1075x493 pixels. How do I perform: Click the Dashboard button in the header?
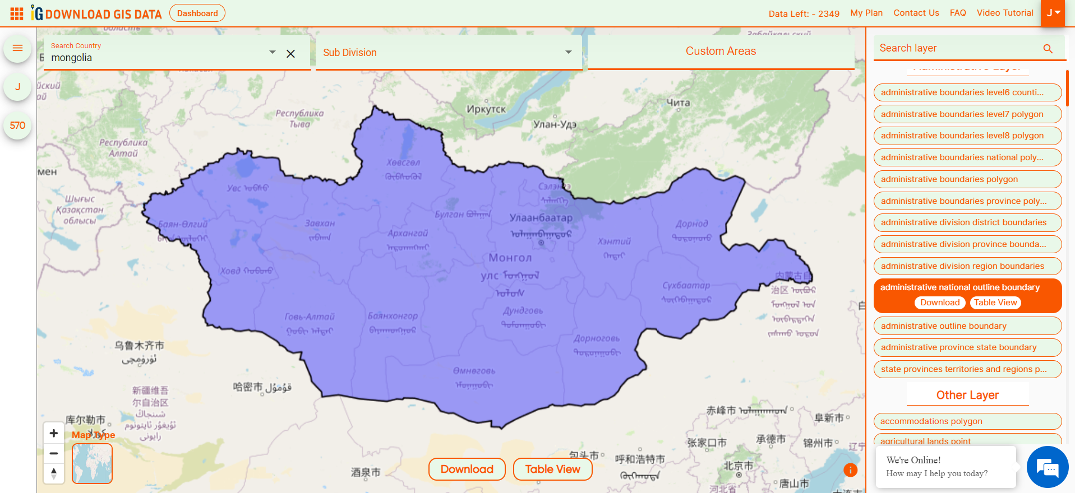(197, 13)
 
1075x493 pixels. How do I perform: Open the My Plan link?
(866, 13)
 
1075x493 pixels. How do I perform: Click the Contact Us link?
(916, 13)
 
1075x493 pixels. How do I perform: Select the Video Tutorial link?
(1004, 13)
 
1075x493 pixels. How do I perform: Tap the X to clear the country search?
(290, 54)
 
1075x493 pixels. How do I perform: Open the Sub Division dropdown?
(448, 53)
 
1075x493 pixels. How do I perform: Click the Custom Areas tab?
(721, 52)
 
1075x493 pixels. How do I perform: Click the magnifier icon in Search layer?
(1048, 49)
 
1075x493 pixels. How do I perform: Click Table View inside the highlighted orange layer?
(995, 303)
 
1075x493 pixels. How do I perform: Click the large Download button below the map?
(467, 469)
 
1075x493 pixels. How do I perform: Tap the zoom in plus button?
(54, 433)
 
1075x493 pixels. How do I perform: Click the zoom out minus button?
(54, 453)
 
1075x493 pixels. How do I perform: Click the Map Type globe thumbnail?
(93, 464)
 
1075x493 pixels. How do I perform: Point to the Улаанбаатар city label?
(541, 218)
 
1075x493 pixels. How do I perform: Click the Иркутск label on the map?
(486, 109)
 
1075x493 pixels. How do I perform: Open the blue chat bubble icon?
(1047, 467)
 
